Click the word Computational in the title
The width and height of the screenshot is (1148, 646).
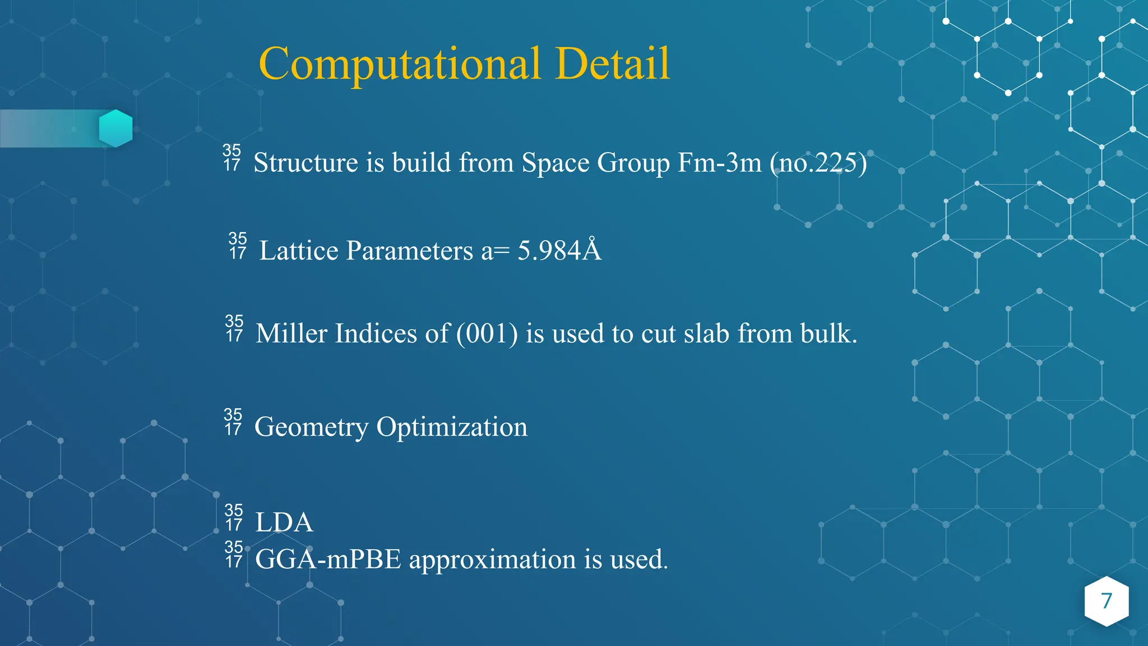(400, 64)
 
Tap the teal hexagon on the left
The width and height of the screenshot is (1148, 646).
(115, 128)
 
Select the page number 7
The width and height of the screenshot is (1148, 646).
(1106, 601)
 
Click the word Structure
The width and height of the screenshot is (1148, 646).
(305, 163)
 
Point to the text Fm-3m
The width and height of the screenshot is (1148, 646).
(719, 163)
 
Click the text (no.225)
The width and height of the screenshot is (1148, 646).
(818, 163)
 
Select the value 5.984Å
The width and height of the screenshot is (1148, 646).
(559, 250)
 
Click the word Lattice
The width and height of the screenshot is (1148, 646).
(299, 251)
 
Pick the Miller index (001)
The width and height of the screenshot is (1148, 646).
(487, 334)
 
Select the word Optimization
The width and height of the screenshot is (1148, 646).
(452, 428)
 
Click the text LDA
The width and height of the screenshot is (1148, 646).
(284, 523)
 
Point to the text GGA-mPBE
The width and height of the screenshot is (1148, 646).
(328, 560)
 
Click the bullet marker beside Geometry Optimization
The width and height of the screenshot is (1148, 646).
(233, 422)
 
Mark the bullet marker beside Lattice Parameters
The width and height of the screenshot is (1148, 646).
(238, 246)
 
